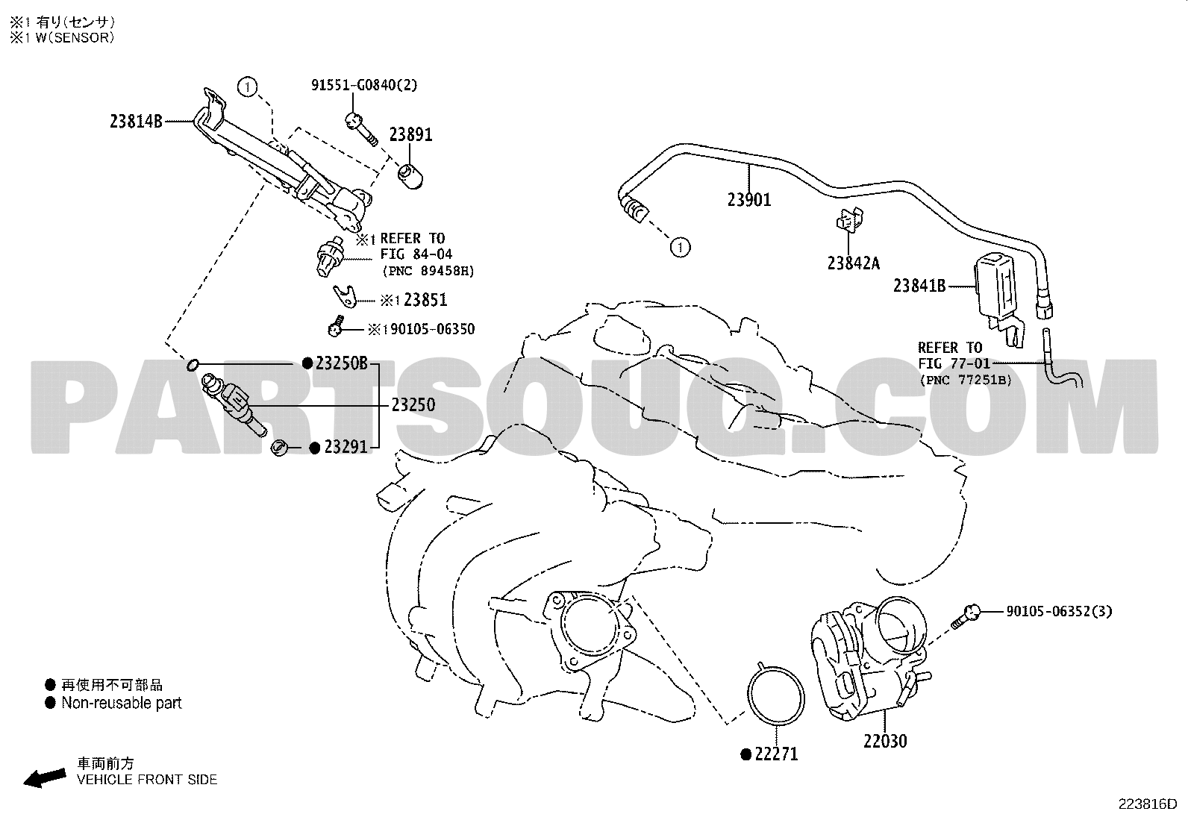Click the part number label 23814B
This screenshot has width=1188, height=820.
(x=136, y=122)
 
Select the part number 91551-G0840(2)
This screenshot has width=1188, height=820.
(x=364, y=85)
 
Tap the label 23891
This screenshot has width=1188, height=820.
(x=410, y=135)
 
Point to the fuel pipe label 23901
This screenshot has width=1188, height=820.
(x=749, y=200)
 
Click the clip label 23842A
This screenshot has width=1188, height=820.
(x=854, y=263)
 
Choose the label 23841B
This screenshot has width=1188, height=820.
(x=919, y=286)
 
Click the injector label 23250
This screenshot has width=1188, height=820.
(x=413, y=405)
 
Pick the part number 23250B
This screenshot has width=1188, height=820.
(x=342, y=363)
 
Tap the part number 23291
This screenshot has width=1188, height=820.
(x=346, y=447)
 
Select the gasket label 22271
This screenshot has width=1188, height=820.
(x=776, y=754)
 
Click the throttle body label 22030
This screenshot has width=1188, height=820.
(x=885, y=741)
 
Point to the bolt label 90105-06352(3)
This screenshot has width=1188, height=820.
(x=1059, y=612)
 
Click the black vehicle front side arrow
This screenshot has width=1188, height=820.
(x=45, y=778)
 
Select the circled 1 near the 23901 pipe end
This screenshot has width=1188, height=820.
(x=681, y=247)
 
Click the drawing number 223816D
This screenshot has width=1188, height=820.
(x=1148, y=804)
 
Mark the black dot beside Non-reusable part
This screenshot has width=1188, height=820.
(x=51, y=704)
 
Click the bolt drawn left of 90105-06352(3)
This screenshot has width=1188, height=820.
(x=966, y=617)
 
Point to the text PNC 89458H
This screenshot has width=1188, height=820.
(x=428, y=271)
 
